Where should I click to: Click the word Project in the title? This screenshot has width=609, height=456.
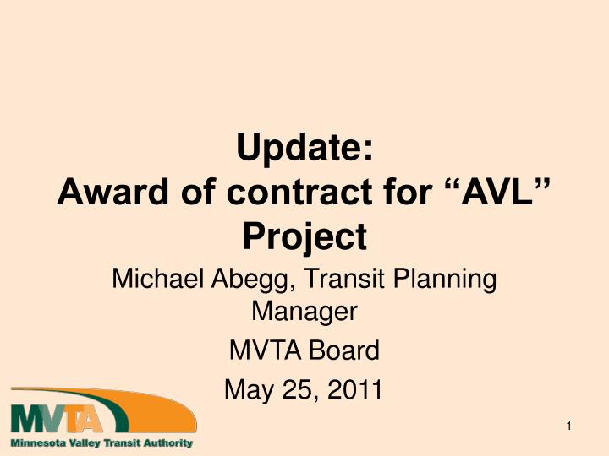tap(304, 236)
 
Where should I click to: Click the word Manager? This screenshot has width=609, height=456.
tap(304, 312)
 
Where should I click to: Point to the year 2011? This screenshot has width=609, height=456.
tap(353, 389)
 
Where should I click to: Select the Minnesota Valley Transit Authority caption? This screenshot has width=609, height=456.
tap(101, 442)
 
